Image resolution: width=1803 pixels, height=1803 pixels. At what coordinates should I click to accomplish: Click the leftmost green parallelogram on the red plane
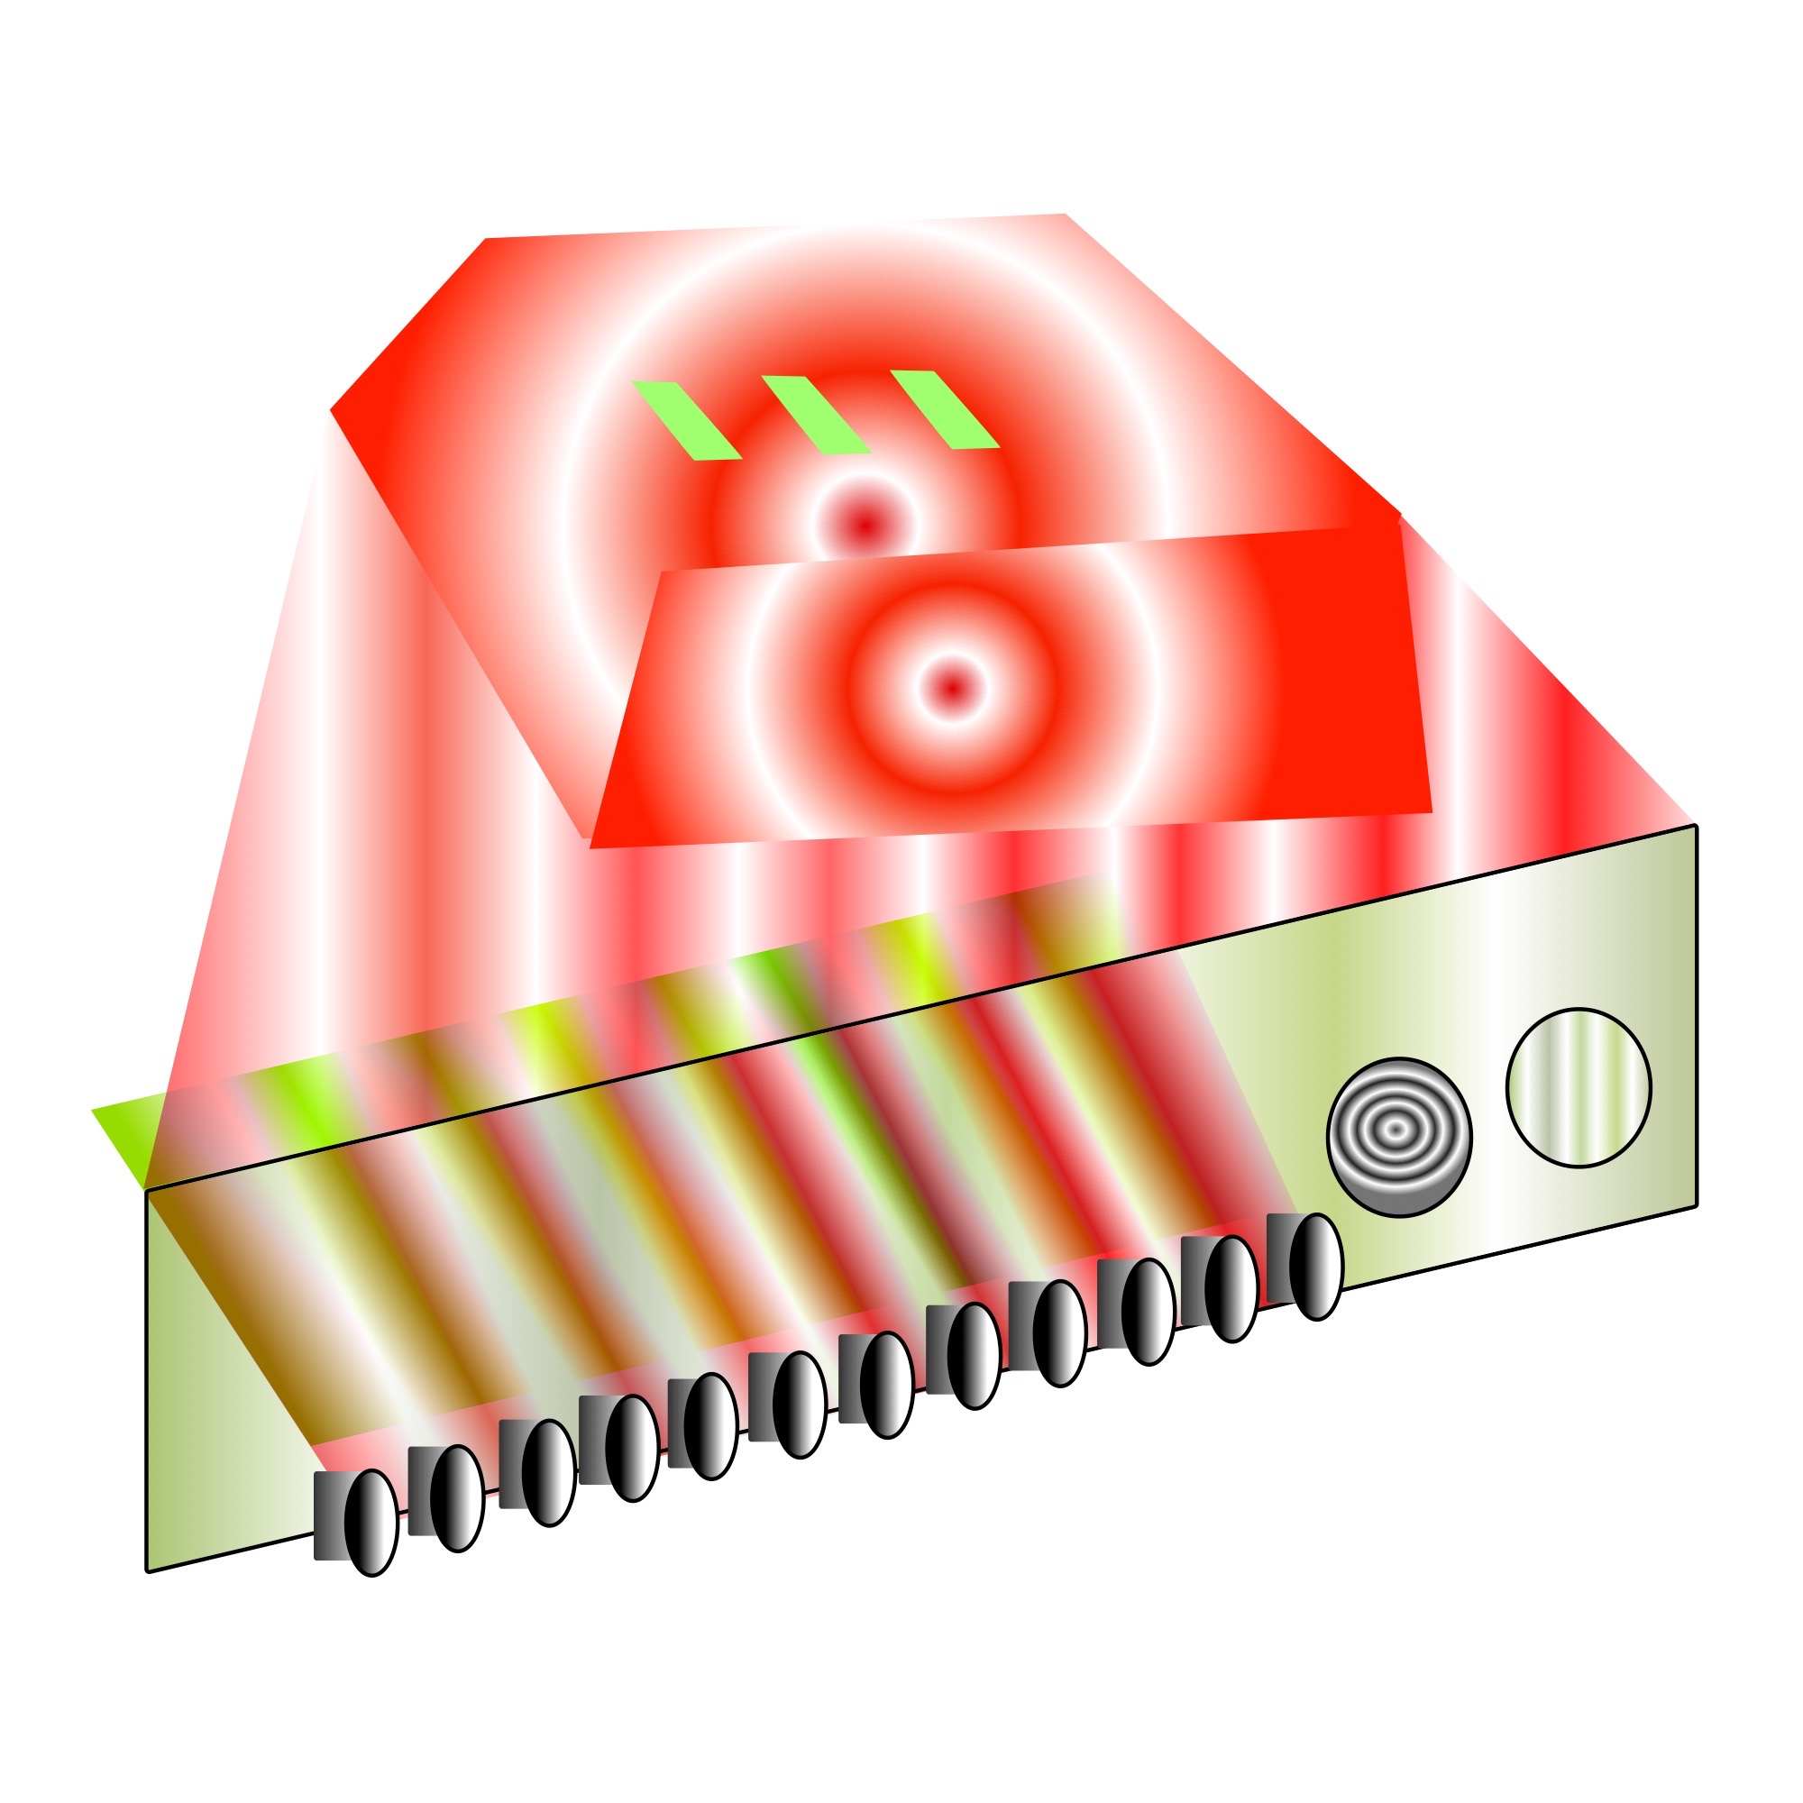pyautogui.click(x=687, y=420)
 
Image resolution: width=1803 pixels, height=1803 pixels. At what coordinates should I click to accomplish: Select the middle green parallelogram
pyautogui.click(x=816, y=415)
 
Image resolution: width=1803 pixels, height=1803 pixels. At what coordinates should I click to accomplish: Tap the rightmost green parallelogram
pyautogui.click(x=945, y=408)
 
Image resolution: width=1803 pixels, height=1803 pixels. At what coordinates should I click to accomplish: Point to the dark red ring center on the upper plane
pyautogui.click(x=865, y=523)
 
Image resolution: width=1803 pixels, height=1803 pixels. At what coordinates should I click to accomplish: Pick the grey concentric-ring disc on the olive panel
pyautogui.click(x=1399, y=1138)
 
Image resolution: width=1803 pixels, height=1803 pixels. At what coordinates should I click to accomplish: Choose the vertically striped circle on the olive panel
pyautogui.click(x=1579, y=1087)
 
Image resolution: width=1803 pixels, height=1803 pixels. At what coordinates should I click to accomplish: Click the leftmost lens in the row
pyautogui.click(x=371, y=1522)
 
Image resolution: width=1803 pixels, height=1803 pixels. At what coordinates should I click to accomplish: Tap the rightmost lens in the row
pyautogui.click(x=1316, y=1267)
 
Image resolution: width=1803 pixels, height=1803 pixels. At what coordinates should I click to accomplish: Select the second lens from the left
pyautogui.click(x=457, y=1499)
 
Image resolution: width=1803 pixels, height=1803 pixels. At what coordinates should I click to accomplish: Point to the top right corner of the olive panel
pyautogui.click(x=1696, y=826)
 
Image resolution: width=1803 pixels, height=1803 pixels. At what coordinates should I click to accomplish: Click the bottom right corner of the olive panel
pyautogui.click(x=1696, y=1204)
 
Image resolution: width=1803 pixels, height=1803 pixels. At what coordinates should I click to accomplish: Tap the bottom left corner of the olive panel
pyautogui.click(x=148, y=1571)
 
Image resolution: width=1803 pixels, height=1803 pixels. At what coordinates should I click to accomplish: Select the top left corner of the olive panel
pyautogui.click(x=147, y=1191)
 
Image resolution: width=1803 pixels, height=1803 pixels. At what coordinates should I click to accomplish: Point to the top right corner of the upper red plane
pyautogui.click(x=1065, y=215)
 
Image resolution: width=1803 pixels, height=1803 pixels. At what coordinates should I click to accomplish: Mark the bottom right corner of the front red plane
pyautogui.click(x=1431, y=811)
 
